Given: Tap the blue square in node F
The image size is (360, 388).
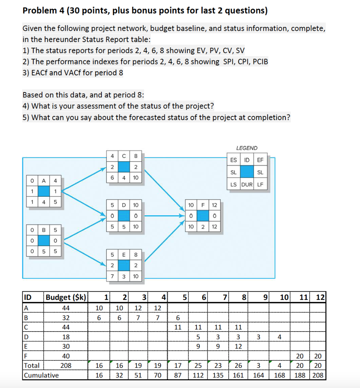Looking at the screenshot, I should pyautogui.click(x=203, y=216).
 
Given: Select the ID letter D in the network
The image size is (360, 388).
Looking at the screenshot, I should pyautogui.click(x=123, y=205).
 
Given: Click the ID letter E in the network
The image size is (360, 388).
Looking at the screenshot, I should pyautogui.click(x=123, y=254).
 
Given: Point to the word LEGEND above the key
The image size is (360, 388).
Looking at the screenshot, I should pyautogui.click(x=246, y=148).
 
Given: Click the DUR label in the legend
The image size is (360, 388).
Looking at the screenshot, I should pyautogui.click(x=247, y=185).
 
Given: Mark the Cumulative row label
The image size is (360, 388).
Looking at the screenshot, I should pyautogui.click(x=41, y=375).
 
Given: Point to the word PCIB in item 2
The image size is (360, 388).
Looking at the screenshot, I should pyautogui.click(x=259, y=61).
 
